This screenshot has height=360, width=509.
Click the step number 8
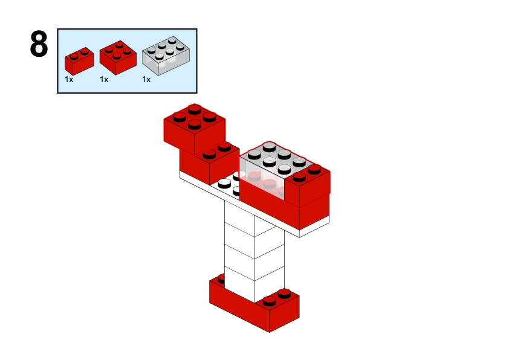tap(39, 45)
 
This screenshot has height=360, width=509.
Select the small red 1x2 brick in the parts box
tap(79, 61)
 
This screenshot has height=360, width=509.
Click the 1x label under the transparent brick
tap(146, 79)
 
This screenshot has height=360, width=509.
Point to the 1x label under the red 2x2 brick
tap(104, 79)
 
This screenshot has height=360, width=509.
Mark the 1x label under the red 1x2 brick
tap(70, 79)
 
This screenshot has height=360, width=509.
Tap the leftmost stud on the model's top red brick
tap(179, 116)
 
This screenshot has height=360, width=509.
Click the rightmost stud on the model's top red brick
tap(209, 116)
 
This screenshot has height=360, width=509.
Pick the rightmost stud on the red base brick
tap(284, 294)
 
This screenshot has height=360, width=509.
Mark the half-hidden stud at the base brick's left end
tap(221, 278)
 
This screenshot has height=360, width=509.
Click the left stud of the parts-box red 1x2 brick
tap(74, 56)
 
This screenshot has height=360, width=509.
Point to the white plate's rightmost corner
tap(329, 218)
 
